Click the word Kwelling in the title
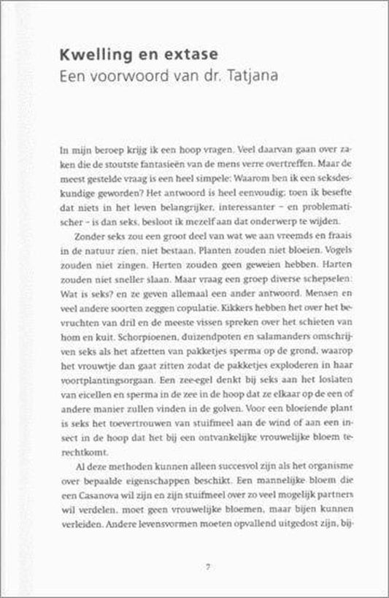click(x=90, y=55)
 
